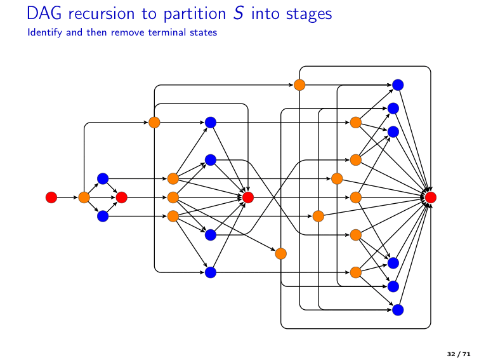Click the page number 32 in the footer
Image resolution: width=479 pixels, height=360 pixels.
451,352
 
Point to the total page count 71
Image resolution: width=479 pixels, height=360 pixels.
466,352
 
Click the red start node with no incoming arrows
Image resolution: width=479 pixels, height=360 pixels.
51,197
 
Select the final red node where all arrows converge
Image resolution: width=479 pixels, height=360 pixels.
431,197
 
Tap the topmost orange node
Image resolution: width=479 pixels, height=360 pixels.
299,84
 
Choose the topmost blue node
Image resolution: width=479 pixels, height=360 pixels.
398,84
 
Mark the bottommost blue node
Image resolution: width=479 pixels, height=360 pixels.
398,310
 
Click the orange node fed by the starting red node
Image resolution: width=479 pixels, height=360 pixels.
84,197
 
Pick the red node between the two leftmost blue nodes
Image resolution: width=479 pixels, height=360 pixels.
122,197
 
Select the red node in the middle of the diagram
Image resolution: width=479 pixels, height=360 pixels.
248,197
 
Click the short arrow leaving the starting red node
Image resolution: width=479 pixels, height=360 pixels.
67,197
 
